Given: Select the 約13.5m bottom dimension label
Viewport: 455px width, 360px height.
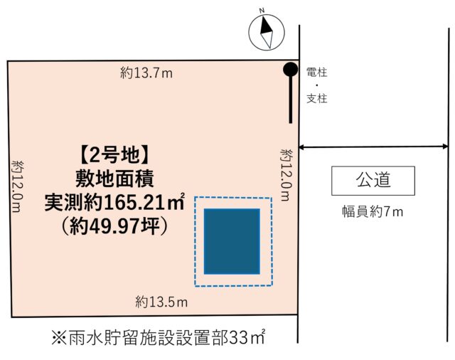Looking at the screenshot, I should [x=161, y=302].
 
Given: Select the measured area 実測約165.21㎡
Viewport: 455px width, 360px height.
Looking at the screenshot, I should [x=114, y=201].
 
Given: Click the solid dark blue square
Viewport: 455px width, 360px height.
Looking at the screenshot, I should [x=232, y=241].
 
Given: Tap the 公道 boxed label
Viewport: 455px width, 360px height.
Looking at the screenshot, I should [x=373, y=181].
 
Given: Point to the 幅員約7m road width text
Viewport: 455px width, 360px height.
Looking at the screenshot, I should [x=373, y=211].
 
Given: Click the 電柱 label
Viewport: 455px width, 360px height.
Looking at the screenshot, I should [x=316, y=71].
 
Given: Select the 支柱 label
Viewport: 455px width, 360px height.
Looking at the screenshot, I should [x=316, y=99].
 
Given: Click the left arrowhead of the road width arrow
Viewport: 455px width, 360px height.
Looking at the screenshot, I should [x=302, y=148].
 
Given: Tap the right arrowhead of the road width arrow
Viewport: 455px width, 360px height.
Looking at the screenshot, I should [x=445, y=148].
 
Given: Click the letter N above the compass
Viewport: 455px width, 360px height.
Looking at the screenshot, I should [x=262, y=10].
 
